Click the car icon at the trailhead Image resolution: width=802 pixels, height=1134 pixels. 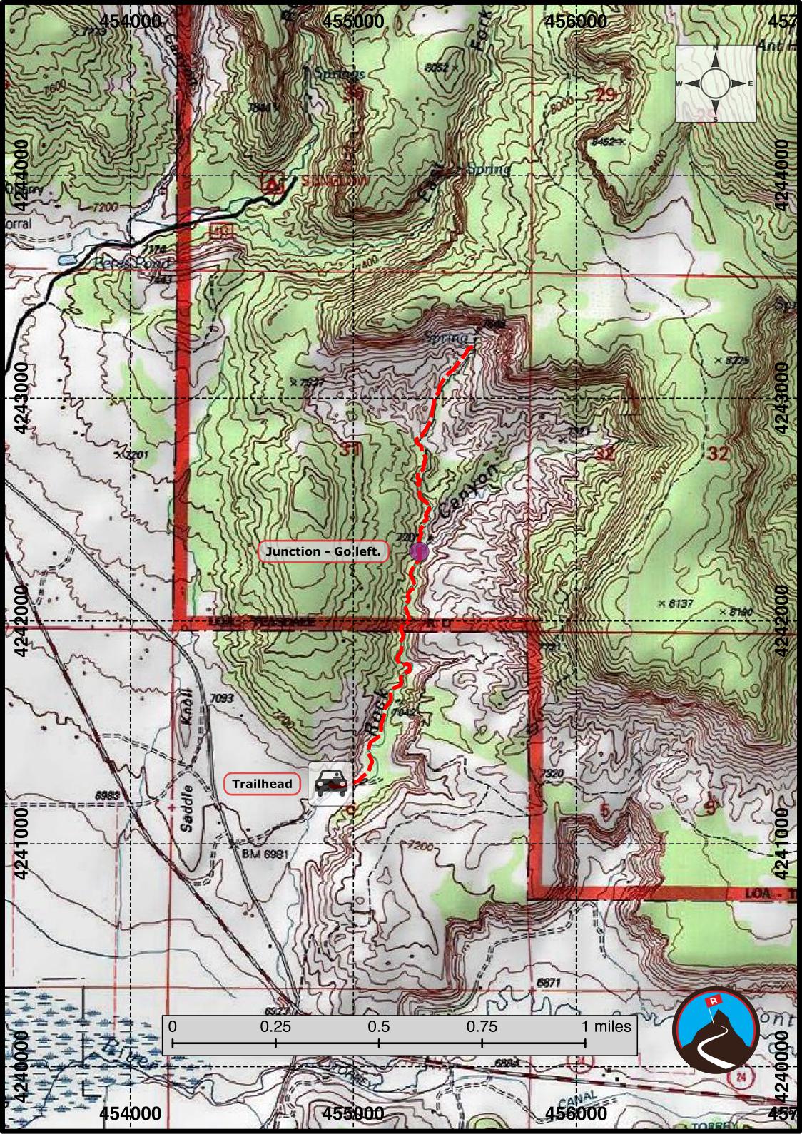pyautogui.click(x=330, y=783)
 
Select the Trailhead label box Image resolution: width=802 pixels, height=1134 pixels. pyautogui.click(x=262, y=784)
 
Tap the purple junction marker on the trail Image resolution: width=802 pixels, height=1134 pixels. pyautogui.click(x=419, y=551)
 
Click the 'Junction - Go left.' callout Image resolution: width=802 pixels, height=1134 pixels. pyautogui.click(x=324, y=551)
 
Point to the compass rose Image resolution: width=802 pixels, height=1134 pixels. pyautogui.click(x=715, y=83)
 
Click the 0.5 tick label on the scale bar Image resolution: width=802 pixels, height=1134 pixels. pyautogui.click(x=378, y=1026)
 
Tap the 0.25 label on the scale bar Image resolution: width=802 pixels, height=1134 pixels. pyautogui.click(x=275, y=1026)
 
